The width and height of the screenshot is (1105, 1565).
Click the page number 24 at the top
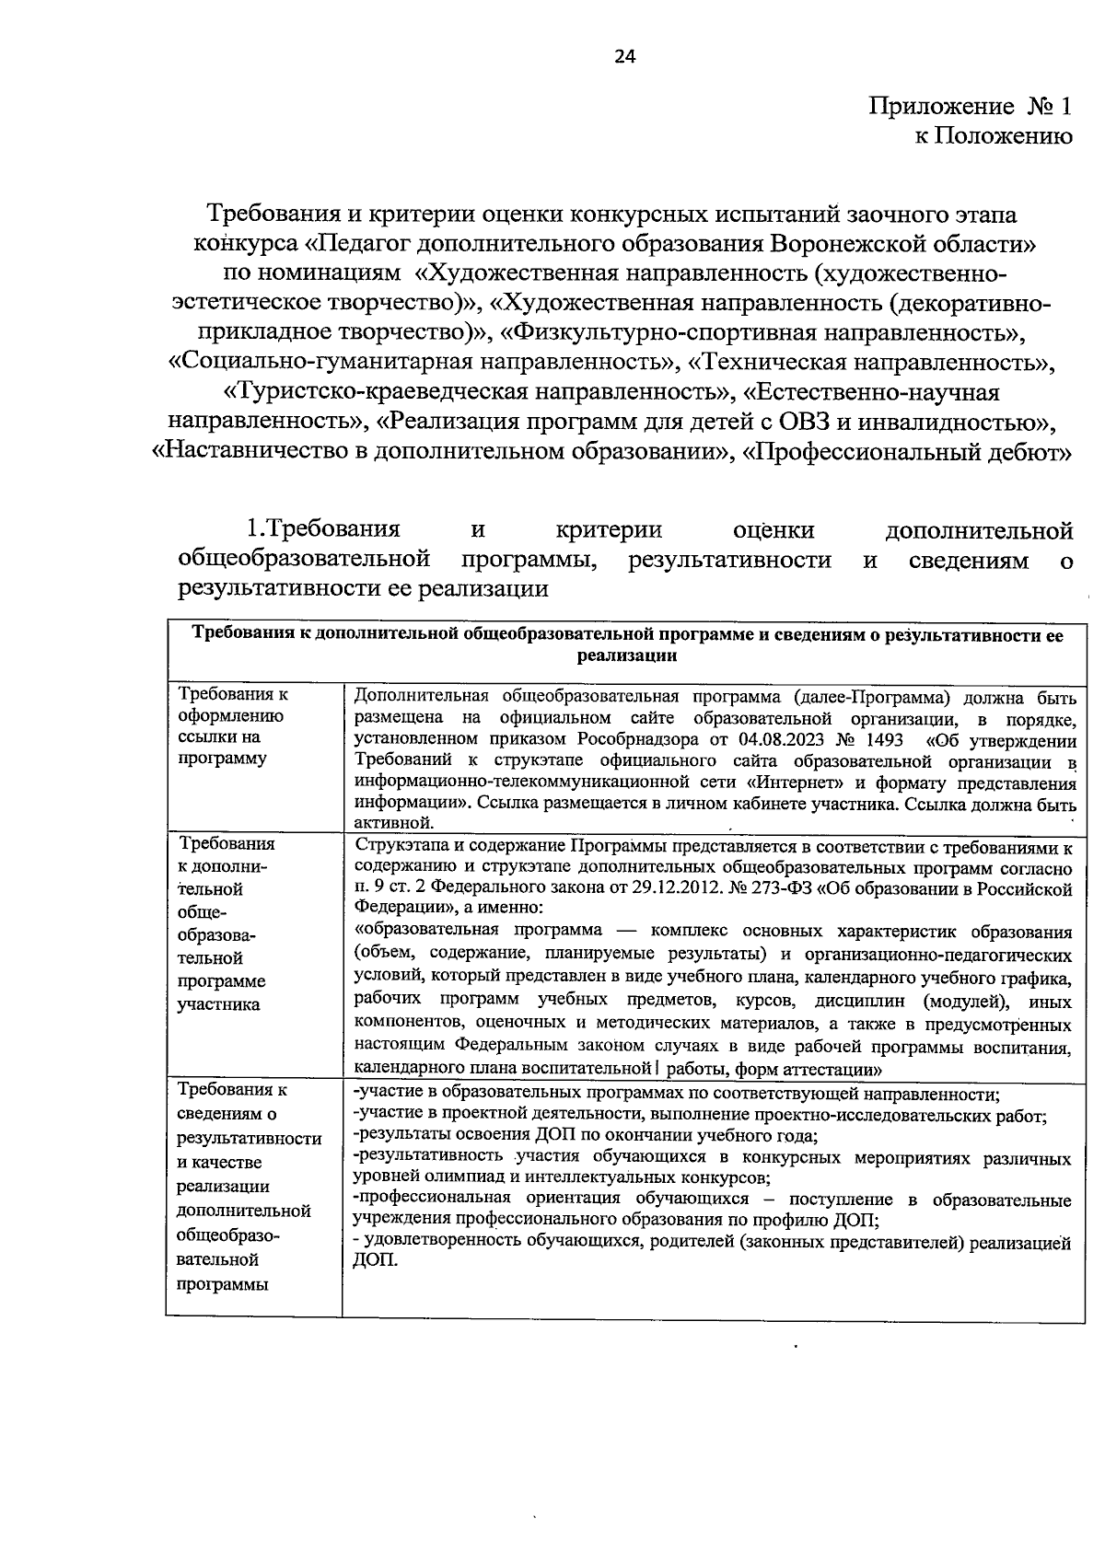point(625,57)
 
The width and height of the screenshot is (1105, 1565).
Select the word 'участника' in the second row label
point(218,1003)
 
